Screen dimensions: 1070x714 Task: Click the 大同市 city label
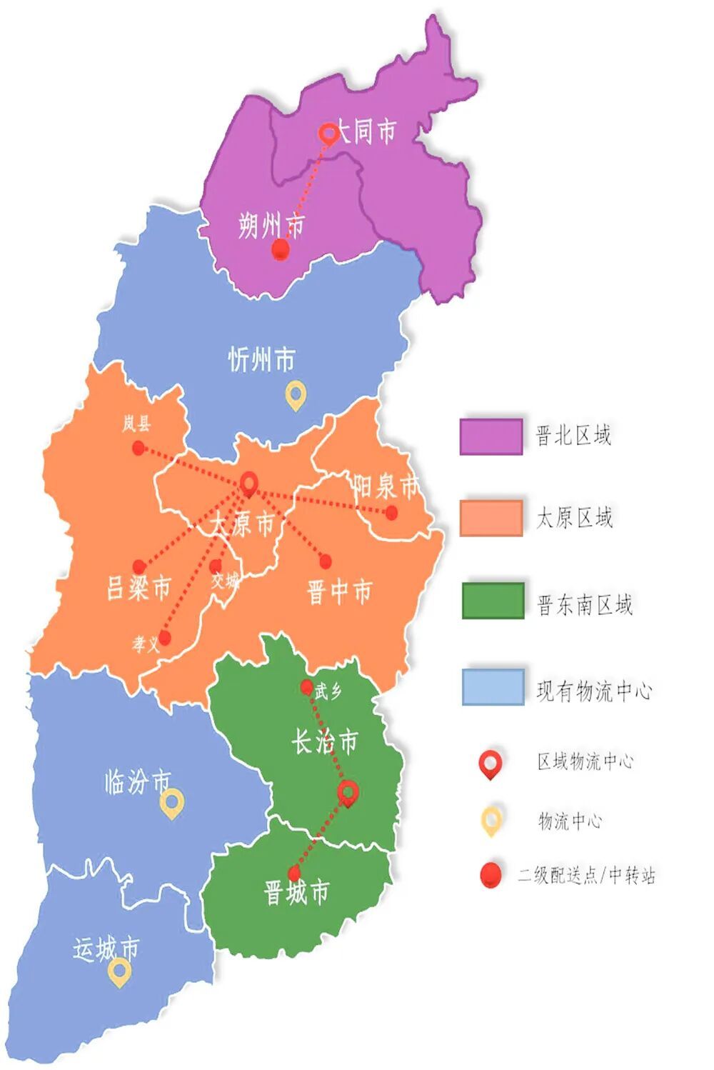pyautogui.click(x=366, y=131)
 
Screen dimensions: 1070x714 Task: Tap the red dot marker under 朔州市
pyautogui.click(x=281, y=249)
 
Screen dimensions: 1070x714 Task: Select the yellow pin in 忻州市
pyautogui.click(x=296, y=394)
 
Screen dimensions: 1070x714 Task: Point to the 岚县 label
pyautogui.click(x=136, y=424)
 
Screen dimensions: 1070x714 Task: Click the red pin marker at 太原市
pyautogui.click(x=248, y=484)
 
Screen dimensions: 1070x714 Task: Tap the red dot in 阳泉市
pyautogui.click(x=391, y=512)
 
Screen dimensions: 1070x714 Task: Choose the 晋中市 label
pyautogui.click(x=339, y=592)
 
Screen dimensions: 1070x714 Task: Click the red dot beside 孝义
pyautogui.click(x=165, y=638)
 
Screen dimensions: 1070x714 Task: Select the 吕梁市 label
pyautogui.click(x=139, y=588)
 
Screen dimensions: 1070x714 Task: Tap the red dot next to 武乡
pyautogui.click(x=306, y=687)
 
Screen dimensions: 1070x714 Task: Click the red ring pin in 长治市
pyautogui.click(x=348, y=792)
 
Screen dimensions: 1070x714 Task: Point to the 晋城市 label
pyautogui.click(x=296, y=892)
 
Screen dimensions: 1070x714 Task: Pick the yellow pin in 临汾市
pyautogui.click(x=172, y=804)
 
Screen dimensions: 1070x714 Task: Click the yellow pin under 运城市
pyautogui.click(x=119, y=971)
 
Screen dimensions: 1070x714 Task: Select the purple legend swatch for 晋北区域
pyautogui.click(x=491, y=436)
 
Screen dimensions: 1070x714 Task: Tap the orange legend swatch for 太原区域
pyautogui.click(x=491, y=518)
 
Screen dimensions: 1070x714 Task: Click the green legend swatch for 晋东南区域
pyautogui.click(x=493, y=601)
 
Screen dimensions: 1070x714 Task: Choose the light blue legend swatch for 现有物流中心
pyautogui.click(x=493, y=686)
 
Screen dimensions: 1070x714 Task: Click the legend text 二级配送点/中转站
pyautogui.click(x=586, y=875)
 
